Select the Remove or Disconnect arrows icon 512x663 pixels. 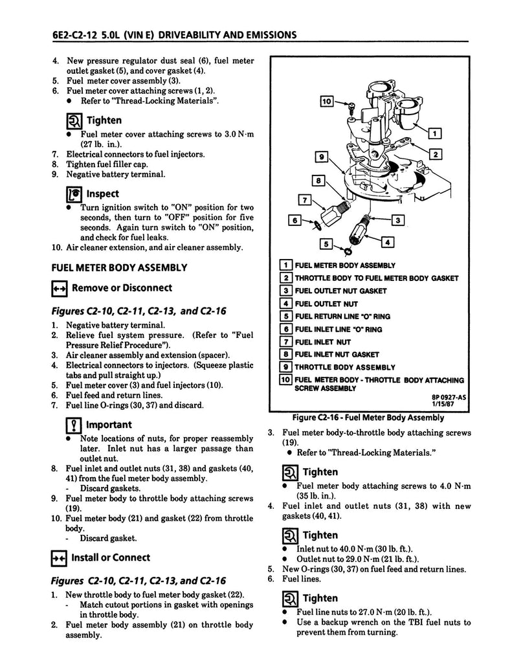(x=59, y=288)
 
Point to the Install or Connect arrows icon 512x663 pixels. (x=59, y=558)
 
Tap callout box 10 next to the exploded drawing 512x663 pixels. (x=327, y=101)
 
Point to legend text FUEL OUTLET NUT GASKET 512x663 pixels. (x=340, y=291)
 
